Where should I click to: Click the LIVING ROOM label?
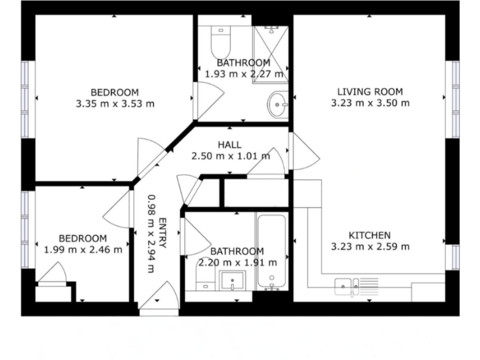pos(370,91)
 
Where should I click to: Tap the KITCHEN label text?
pos(369,235)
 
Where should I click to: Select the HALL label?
pos(229,145)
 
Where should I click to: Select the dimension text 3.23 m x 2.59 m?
pos(370,246)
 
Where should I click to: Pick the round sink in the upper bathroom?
pos(278,104)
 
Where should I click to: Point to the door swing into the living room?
pos(302,151)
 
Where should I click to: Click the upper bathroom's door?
pos(208,100)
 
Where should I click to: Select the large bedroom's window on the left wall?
pos(25,99)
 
